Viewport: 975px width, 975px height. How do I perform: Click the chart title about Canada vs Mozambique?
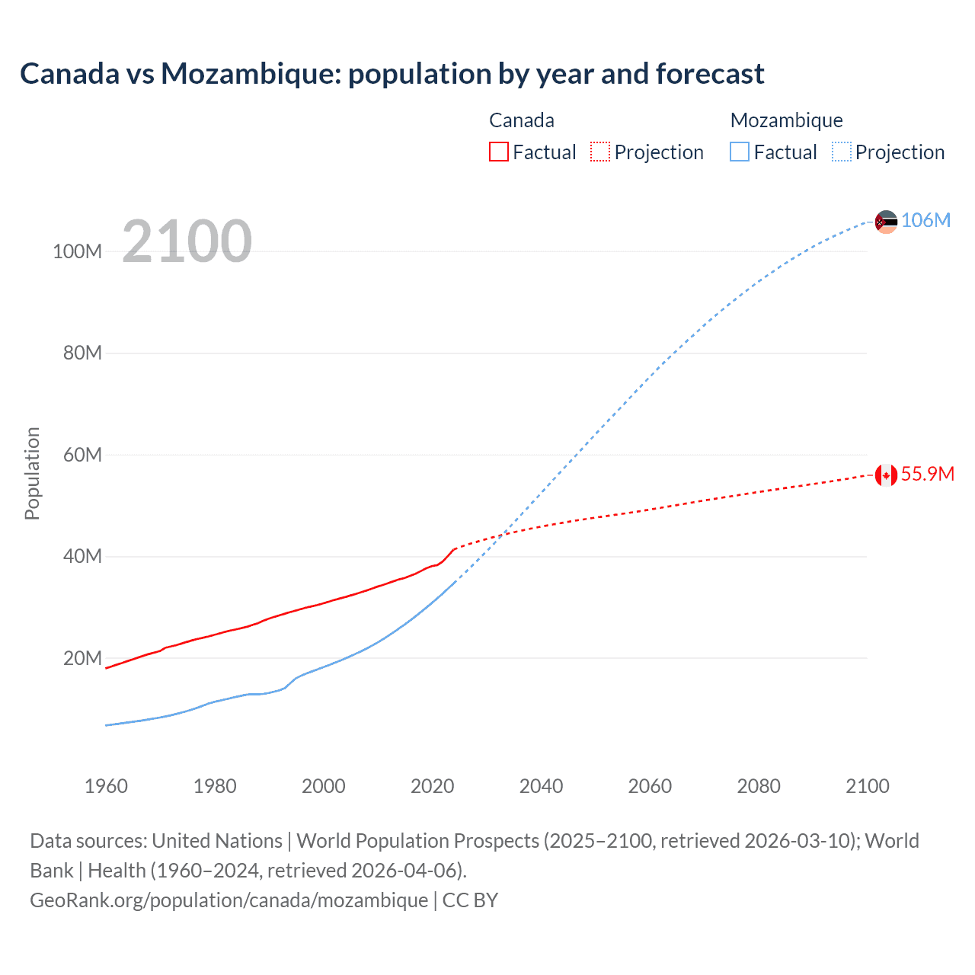pyautogui.click(x=392, y=74)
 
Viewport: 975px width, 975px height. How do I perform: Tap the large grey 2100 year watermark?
pyautogui.click(x=187, y=241)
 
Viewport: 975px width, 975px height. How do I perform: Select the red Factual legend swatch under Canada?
pyautogui.click(x=498, y=152)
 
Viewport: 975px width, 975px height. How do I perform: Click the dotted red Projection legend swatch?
pyautogui.click(x=600, y=152)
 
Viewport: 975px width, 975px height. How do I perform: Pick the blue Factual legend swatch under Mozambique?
pyautogui.click(x=740, y=152)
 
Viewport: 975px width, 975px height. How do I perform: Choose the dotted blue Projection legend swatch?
pyautogui.click(x=841, y=152)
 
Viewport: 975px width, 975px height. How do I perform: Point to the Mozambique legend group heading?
pyautogui.click(x=786, y=120)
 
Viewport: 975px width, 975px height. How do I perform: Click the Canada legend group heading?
pyautogui.click(x=521, y=120)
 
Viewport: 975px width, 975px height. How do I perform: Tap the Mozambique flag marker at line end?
pyautogui.click(x=886, y=222)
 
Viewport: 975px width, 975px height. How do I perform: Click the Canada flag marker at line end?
pyautogui.click(x=886, y=475)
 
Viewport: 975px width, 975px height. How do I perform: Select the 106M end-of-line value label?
pyautogui.click(x=925, y=221)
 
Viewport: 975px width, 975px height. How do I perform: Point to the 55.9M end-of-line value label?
pyautogui.click(x=927, y=474)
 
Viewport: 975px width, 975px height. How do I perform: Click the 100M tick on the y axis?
pyautogui.click(x=77, y=251)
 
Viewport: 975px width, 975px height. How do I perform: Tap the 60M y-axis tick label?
pyautogui.click(x=82, y=455)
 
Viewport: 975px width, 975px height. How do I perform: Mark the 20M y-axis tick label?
pyautogui.click(x=82, y=658)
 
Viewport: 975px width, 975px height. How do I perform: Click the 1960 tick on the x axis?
pyautogui.click(x=106, y=786)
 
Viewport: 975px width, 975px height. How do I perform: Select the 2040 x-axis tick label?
pyautogui.click(x=541, y=786)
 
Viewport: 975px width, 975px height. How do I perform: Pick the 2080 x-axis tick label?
pyautogui.click(x=759, y=786)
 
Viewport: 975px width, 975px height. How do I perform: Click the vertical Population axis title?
pyautogui.click(x=32, y=473)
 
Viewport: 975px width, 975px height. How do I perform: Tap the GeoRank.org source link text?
pyautogui.click(x=229, y=900)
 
